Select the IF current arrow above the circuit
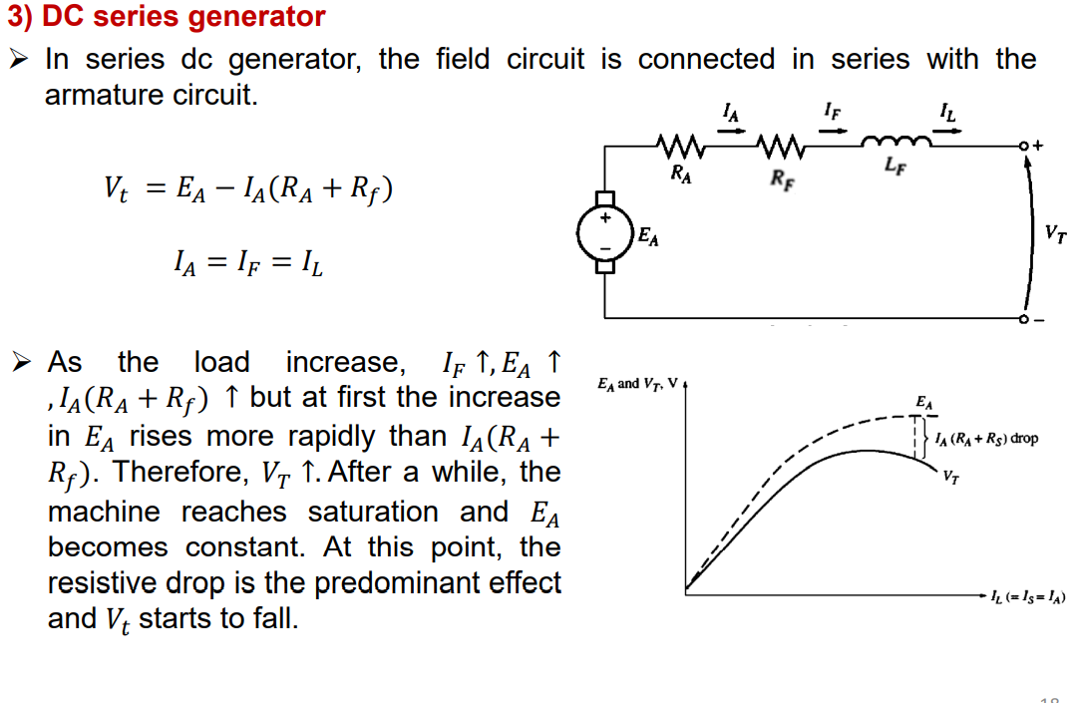833,125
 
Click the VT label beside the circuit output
1055,234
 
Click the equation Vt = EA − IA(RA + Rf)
248,187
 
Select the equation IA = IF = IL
248,264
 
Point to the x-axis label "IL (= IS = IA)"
1027,597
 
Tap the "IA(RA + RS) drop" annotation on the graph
987,439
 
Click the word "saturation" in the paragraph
372,512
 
